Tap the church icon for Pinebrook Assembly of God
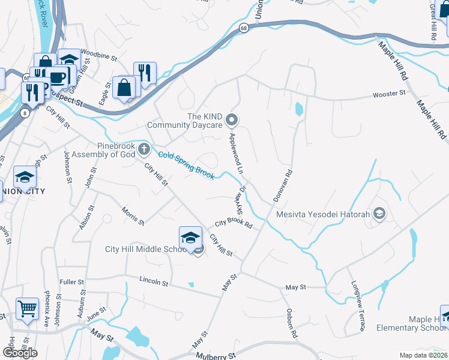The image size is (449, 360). coord(143,149)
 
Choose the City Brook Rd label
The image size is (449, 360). coord(233,223)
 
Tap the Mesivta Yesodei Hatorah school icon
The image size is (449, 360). coord(379,214)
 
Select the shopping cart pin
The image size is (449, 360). coord(27,308)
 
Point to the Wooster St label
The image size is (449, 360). coord(389,94)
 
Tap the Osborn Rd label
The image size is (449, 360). coord(291,323)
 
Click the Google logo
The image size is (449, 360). coord(20,352)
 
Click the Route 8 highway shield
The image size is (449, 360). coord(25,113)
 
